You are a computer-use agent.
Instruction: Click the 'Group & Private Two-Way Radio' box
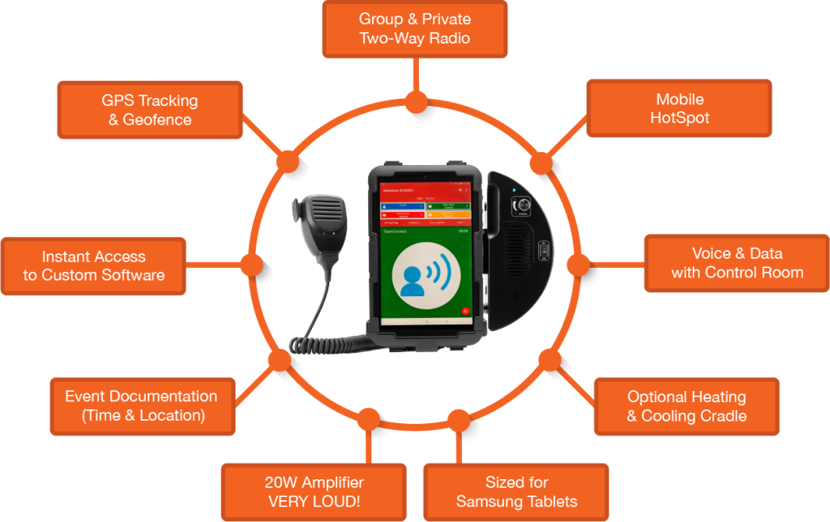click(415, 29)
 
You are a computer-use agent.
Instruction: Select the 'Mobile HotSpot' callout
click(679, 108)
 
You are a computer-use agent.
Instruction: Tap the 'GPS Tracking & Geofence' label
click(149, 110)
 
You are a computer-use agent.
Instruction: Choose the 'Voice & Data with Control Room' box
click(737, 264)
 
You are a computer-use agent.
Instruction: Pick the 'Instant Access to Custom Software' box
click(93, 265)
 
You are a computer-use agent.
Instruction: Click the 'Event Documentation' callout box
click(141, 406)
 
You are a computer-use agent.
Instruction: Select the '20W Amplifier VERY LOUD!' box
click(314, 492)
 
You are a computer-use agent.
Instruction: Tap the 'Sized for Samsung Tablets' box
click(516, 492)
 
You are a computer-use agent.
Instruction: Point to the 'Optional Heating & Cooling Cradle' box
click(687, 406)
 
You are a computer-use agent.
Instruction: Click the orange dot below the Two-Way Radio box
click(416, 102)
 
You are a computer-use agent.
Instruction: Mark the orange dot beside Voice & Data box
click(578, 265)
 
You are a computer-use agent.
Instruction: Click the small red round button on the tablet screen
click(465, 311)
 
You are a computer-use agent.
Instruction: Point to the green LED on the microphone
click(332, 235)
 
